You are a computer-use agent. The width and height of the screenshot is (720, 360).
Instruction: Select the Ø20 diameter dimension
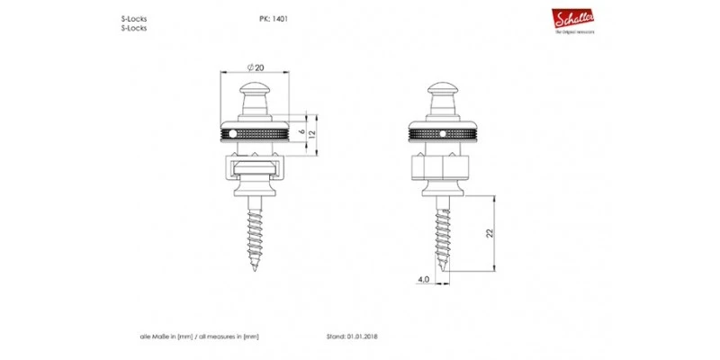(x=256, y=67)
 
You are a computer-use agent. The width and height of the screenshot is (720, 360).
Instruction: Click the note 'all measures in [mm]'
(x=228, y=337)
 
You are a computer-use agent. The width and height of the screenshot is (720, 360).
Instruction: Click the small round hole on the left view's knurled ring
(x=233, y=133)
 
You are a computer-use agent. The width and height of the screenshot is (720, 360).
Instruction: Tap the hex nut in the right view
(x=441, y=167)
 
